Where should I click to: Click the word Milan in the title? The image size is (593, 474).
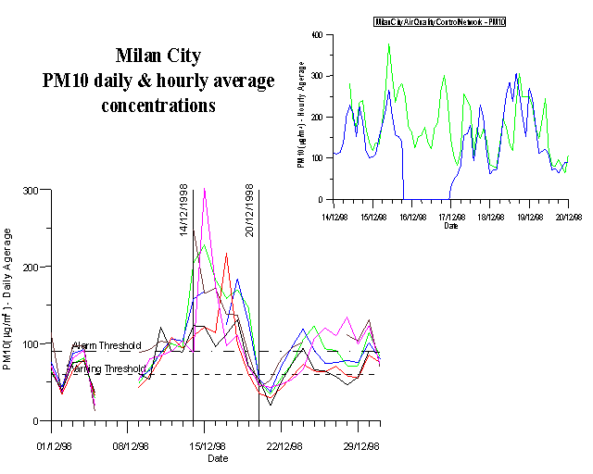tap(137, 56)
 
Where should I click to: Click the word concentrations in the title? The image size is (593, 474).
tap(158, 106)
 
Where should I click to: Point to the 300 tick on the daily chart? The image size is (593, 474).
tap(30, 190)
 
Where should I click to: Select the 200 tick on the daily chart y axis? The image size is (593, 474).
tap(30, 267)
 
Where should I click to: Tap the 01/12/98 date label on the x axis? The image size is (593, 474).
tap(52, 445)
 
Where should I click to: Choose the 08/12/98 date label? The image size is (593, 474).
tap(131, 445)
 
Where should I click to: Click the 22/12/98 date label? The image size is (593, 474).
tap(285, 445)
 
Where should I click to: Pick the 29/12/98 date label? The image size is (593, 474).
tap(362, 445)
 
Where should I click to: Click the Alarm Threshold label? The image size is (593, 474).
tap(107, 345)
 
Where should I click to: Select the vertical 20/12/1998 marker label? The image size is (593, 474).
tap(250, 210)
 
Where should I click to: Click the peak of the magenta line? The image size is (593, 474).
tap(204, 189)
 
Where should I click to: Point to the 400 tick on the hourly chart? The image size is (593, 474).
tap(317, 35)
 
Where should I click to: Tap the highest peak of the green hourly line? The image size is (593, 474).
tap(389, 44)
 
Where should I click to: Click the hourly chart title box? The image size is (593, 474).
tap(451, 20)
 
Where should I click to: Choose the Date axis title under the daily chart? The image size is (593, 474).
tap(217, 457)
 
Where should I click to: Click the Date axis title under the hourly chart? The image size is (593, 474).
tap(450, 226)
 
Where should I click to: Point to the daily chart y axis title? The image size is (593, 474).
tap(7, 301)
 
